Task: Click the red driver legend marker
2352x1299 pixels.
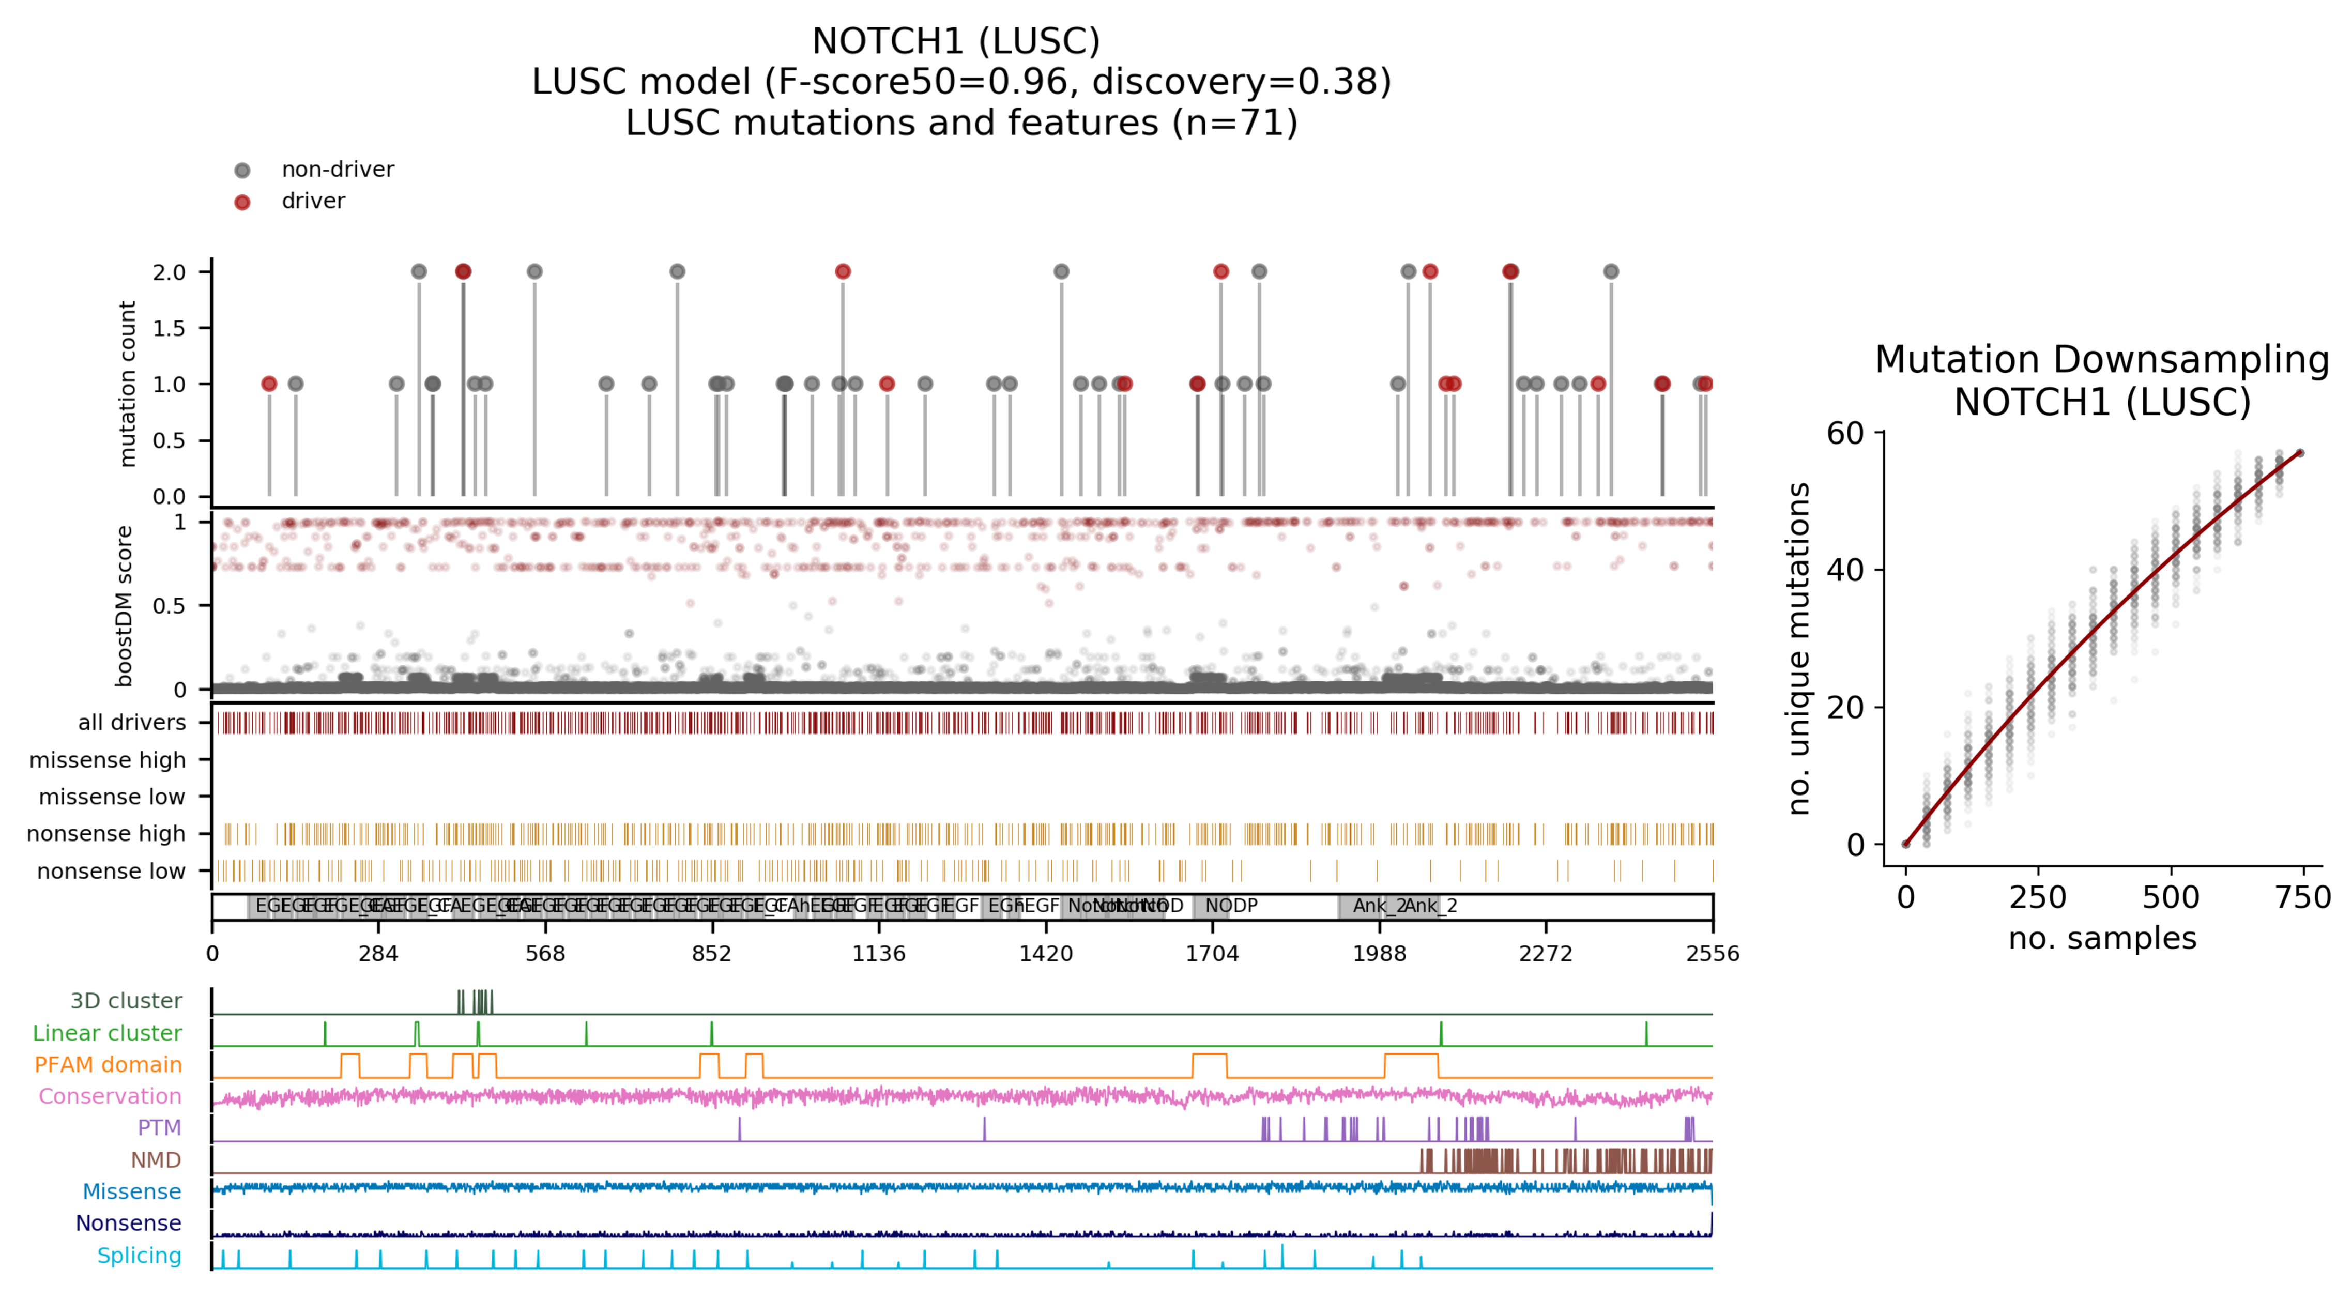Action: tap(242, 202)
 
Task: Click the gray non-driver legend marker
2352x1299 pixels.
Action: tap(242, 171)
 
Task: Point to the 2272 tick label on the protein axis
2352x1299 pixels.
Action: tap(1545, 954)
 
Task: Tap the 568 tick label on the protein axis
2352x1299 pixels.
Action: tap(545, 954)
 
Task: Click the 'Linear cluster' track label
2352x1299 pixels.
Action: tap(107, 1033)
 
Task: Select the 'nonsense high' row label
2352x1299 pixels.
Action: tap(106, 834)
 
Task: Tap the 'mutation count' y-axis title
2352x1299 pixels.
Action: tap(128, 384)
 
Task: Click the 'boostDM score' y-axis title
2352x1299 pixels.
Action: tap(124, 605)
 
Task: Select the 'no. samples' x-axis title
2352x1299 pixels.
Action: tap(2102, 938)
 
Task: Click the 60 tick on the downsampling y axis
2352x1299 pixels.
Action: tap(1844, 434)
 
